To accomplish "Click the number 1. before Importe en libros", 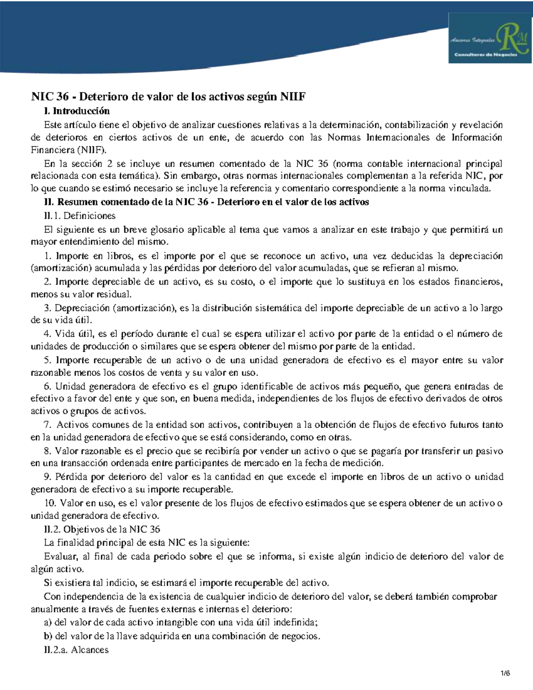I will pos(48,256).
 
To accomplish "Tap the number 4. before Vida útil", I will pos(48,334).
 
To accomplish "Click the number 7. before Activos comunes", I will pos(48,425).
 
